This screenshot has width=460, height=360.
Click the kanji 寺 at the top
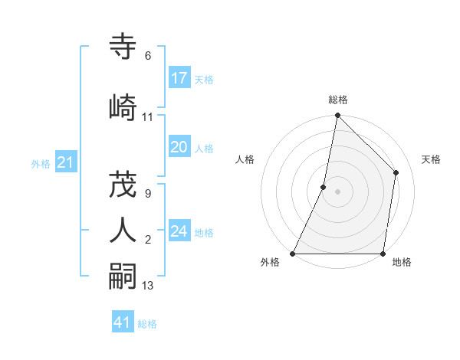pos(123,47)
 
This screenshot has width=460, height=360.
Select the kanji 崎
pos(123,107)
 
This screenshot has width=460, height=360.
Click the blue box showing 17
pos(179,78)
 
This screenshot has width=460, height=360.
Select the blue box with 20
pos(179,148)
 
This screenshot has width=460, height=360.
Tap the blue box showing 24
pos(179,231)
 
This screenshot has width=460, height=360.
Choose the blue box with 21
pos(65,162)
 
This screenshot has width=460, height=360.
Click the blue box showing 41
pos(123,322)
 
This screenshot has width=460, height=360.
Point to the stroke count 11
pos(147,117)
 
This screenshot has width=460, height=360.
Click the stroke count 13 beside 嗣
pos(148,286)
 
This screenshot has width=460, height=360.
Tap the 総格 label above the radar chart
pos(338,100)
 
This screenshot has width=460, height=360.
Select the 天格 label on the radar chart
pos(431,159)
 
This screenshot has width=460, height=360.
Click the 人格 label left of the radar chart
pos(245,159)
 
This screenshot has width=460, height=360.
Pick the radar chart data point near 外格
pos(293,254)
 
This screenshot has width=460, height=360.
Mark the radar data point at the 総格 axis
pos(337,116)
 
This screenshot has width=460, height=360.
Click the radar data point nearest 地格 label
pos(383,254)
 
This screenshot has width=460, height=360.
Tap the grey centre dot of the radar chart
pos(337,191)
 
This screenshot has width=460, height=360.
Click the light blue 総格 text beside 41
pos(147,324)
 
